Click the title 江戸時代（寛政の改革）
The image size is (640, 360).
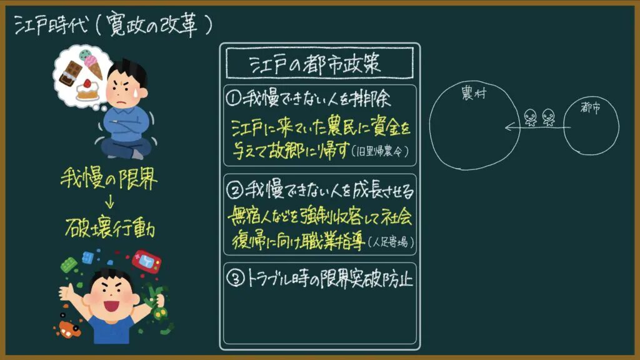114,26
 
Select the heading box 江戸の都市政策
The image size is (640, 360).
319,63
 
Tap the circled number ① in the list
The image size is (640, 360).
234,98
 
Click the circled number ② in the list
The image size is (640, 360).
235,190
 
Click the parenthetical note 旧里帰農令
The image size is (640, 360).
380,152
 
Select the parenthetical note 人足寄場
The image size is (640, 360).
391,242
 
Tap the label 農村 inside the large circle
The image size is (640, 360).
474,94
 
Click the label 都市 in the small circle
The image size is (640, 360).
591,107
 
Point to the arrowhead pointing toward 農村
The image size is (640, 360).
509,127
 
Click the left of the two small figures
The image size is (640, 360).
530,117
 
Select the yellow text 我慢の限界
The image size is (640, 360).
109,179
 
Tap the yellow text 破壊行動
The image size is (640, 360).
110,227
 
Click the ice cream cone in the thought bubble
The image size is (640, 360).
92,64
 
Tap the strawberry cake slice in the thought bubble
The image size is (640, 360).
87,90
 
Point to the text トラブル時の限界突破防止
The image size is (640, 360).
330,279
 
